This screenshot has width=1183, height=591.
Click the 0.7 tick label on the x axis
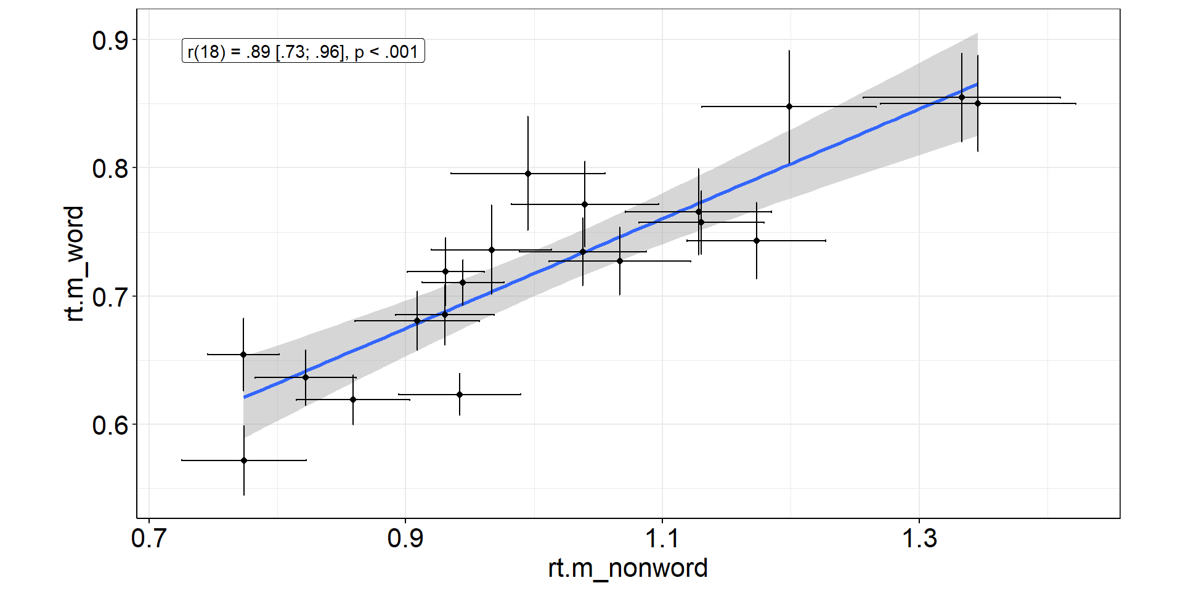[148, 539]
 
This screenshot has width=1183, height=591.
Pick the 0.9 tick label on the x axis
[405, 539]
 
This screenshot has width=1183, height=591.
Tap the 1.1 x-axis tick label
[662, 539]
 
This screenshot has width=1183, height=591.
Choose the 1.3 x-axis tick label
[919, 539]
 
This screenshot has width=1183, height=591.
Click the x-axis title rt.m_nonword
[628, 568]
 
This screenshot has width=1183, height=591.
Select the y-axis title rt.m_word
[75, 263]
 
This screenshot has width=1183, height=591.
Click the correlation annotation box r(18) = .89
[303, 52]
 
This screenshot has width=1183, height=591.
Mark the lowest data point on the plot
[244, 460]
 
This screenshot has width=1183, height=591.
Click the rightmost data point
[978, 103]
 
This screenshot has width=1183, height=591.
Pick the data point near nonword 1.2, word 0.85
[789, 107]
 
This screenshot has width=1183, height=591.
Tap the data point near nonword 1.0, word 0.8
[528, 174]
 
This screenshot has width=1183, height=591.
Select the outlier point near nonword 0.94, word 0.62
[460, 395]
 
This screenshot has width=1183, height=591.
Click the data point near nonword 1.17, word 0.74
[757, 241]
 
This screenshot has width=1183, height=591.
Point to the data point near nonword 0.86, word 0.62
[353, 400]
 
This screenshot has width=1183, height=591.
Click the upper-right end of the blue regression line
[977, 84]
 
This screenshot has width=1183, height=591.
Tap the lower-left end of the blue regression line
[245, 397]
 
